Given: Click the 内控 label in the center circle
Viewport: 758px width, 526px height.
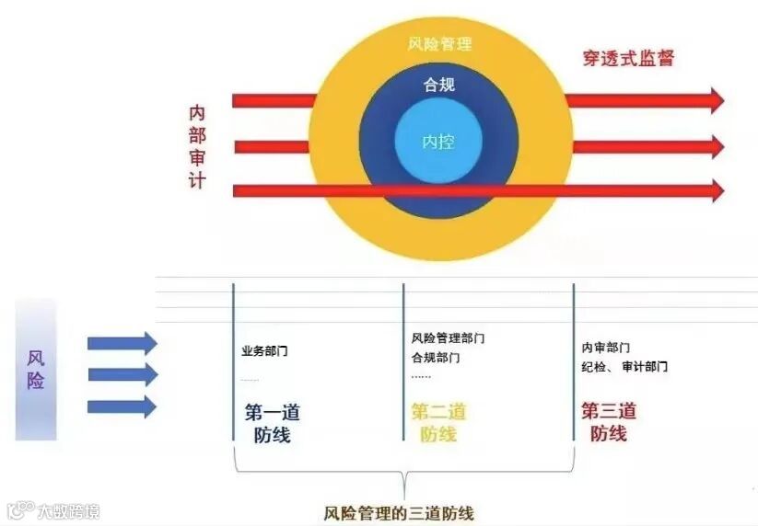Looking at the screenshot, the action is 438,142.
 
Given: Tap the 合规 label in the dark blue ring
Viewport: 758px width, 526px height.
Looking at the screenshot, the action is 438,86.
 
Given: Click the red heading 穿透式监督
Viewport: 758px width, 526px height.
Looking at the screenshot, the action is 628,58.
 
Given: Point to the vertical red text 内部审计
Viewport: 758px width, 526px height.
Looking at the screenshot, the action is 197,146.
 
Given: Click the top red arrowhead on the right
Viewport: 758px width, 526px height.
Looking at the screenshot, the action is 716,100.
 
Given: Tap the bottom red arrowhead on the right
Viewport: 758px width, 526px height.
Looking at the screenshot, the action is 716,190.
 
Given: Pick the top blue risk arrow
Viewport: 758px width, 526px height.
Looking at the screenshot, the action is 122,344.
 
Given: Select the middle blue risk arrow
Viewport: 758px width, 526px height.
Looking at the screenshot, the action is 122,375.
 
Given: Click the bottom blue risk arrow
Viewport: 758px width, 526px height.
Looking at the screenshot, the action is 122,406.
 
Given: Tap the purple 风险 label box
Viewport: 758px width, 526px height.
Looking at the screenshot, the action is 36,369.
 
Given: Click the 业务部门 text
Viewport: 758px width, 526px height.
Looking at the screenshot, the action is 264,351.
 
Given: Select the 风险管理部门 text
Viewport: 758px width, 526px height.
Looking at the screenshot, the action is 448,338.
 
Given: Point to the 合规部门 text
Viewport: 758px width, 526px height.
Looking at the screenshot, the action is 435,357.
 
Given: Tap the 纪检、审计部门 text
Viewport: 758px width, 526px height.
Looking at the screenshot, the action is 624,366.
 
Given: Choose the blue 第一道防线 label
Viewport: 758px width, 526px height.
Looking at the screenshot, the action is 272,423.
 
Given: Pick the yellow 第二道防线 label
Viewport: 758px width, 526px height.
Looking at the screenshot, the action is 438,423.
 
